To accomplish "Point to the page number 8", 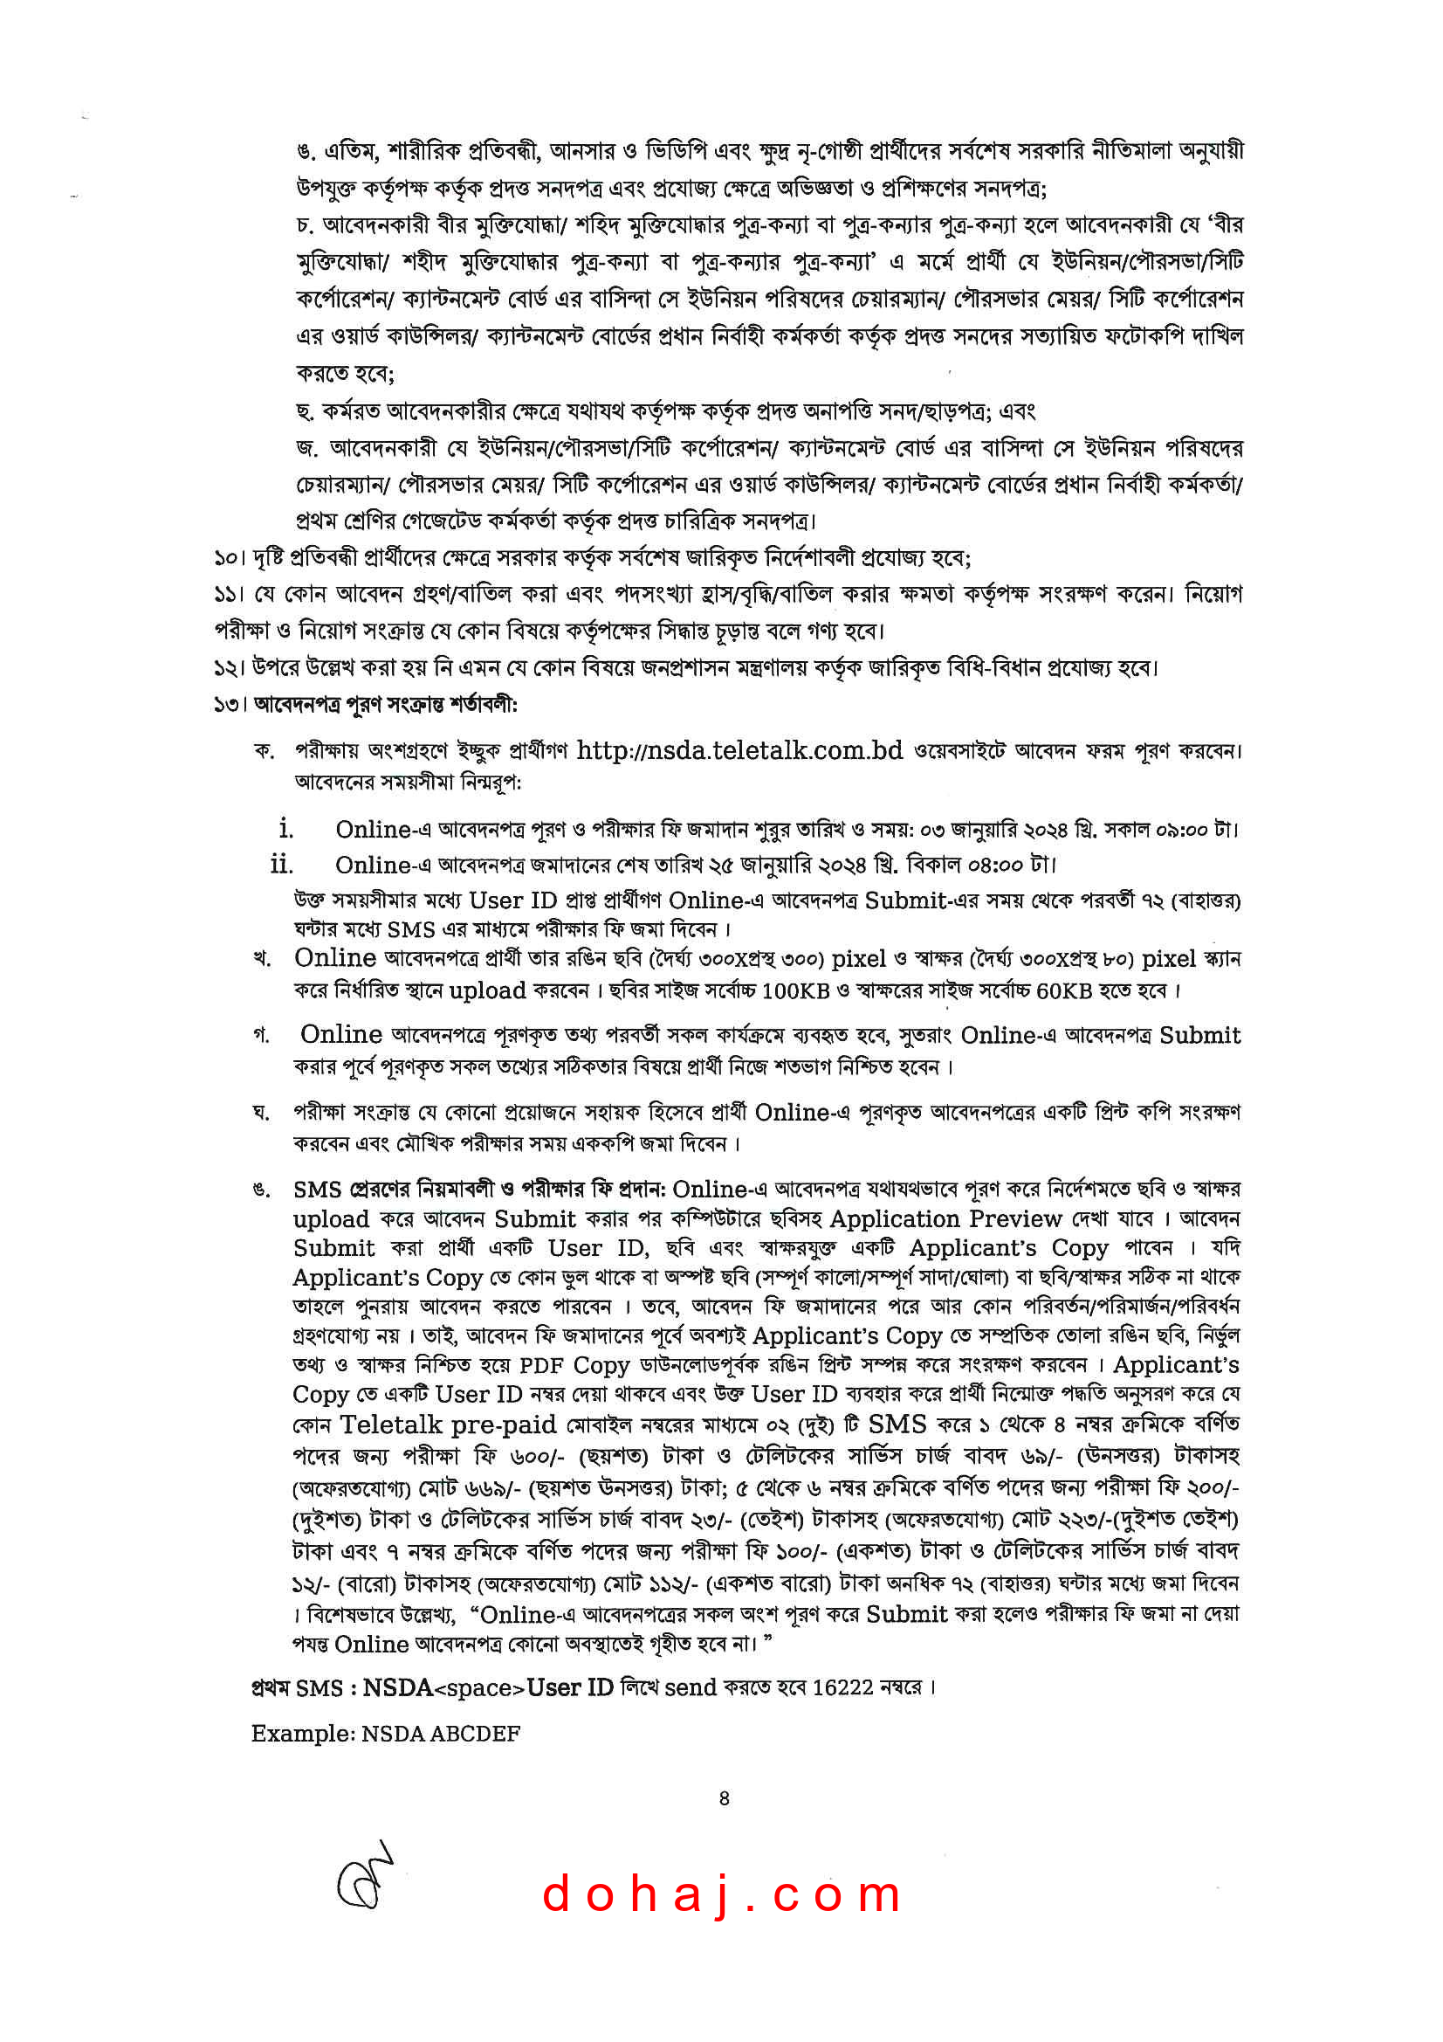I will [x=724, y=1798].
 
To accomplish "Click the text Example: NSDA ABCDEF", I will [x=385, y=1734].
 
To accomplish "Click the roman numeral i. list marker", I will [x=285, y=829].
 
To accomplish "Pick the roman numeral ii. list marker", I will [x=282, y=865].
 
